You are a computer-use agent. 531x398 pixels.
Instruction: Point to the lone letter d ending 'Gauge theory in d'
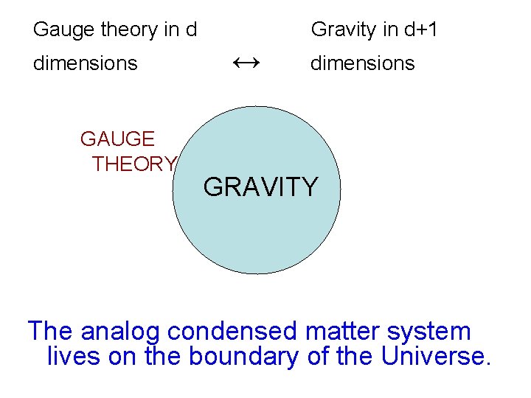191,30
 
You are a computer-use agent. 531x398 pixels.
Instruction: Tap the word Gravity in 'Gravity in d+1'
343,30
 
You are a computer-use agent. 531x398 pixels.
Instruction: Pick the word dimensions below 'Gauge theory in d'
85,63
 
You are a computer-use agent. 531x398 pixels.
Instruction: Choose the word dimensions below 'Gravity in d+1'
362,63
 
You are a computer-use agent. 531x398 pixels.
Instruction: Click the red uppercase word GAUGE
117,139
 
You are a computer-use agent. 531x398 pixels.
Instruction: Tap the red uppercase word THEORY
134,164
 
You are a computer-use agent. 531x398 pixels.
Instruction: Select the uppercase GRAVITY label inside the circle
260,187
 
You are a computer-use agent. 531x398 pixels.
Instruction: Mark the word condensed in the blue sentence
232,332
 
